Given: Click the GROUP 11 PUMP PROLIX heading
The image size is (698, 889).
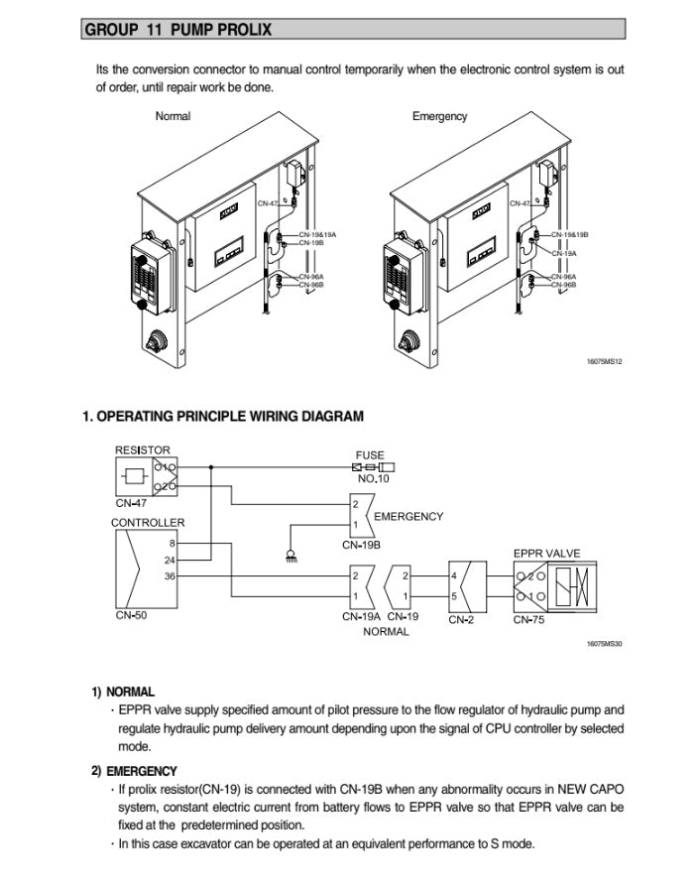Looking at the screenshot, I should coord(177,30).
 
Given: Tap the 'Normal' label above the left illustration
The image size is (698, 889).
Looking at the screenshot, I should coord(173,116).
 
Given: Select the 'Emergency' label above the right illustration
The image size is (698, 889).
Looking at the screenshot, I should coord(439,116).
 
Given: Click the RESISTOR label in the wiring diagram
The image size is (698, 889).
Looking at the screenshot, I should coord(143,449).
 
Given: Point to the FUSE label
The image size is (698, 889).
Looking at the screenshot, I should coord(370,455).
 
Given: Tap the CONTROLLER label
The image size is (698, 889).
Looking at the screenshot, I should coord(147,522).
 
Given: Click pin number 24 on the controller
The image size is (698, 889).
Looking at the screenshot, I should coord(171,560).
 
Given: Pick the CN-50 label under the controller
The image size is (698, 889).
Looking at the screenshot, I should coord(131,616).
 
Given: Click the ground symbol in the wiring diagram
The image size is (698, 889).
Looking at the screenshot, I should coord(290,557).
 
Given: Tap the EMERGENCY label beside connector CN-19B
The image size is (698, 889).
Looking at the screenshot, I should coord(408,516).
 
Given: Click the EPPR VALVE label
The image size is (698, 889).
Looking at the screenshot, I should coord(546,553).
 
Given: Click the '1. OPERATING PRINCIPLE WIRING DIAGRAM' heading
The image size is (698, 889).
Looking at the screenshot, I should coord(222,417).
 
